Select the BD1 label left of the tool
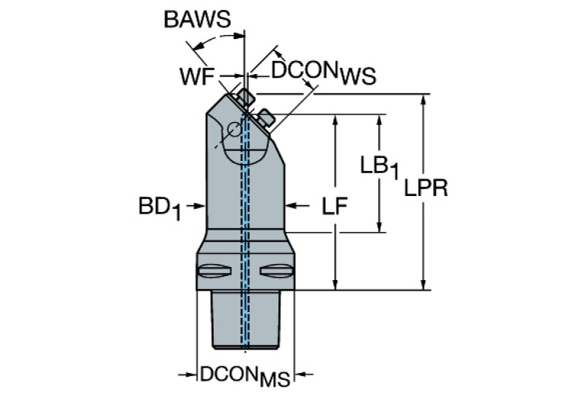point(159,207)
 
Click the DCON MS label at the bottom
point(244,376)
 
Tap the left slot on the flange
point(213,270)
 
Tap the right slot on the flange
point(275,270)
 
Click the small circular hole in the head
point(235,131)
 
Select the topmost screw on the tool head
point(245,97)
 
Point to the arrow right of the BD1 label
point(197,204)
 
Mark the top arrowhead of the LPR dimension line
point(425,101)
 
